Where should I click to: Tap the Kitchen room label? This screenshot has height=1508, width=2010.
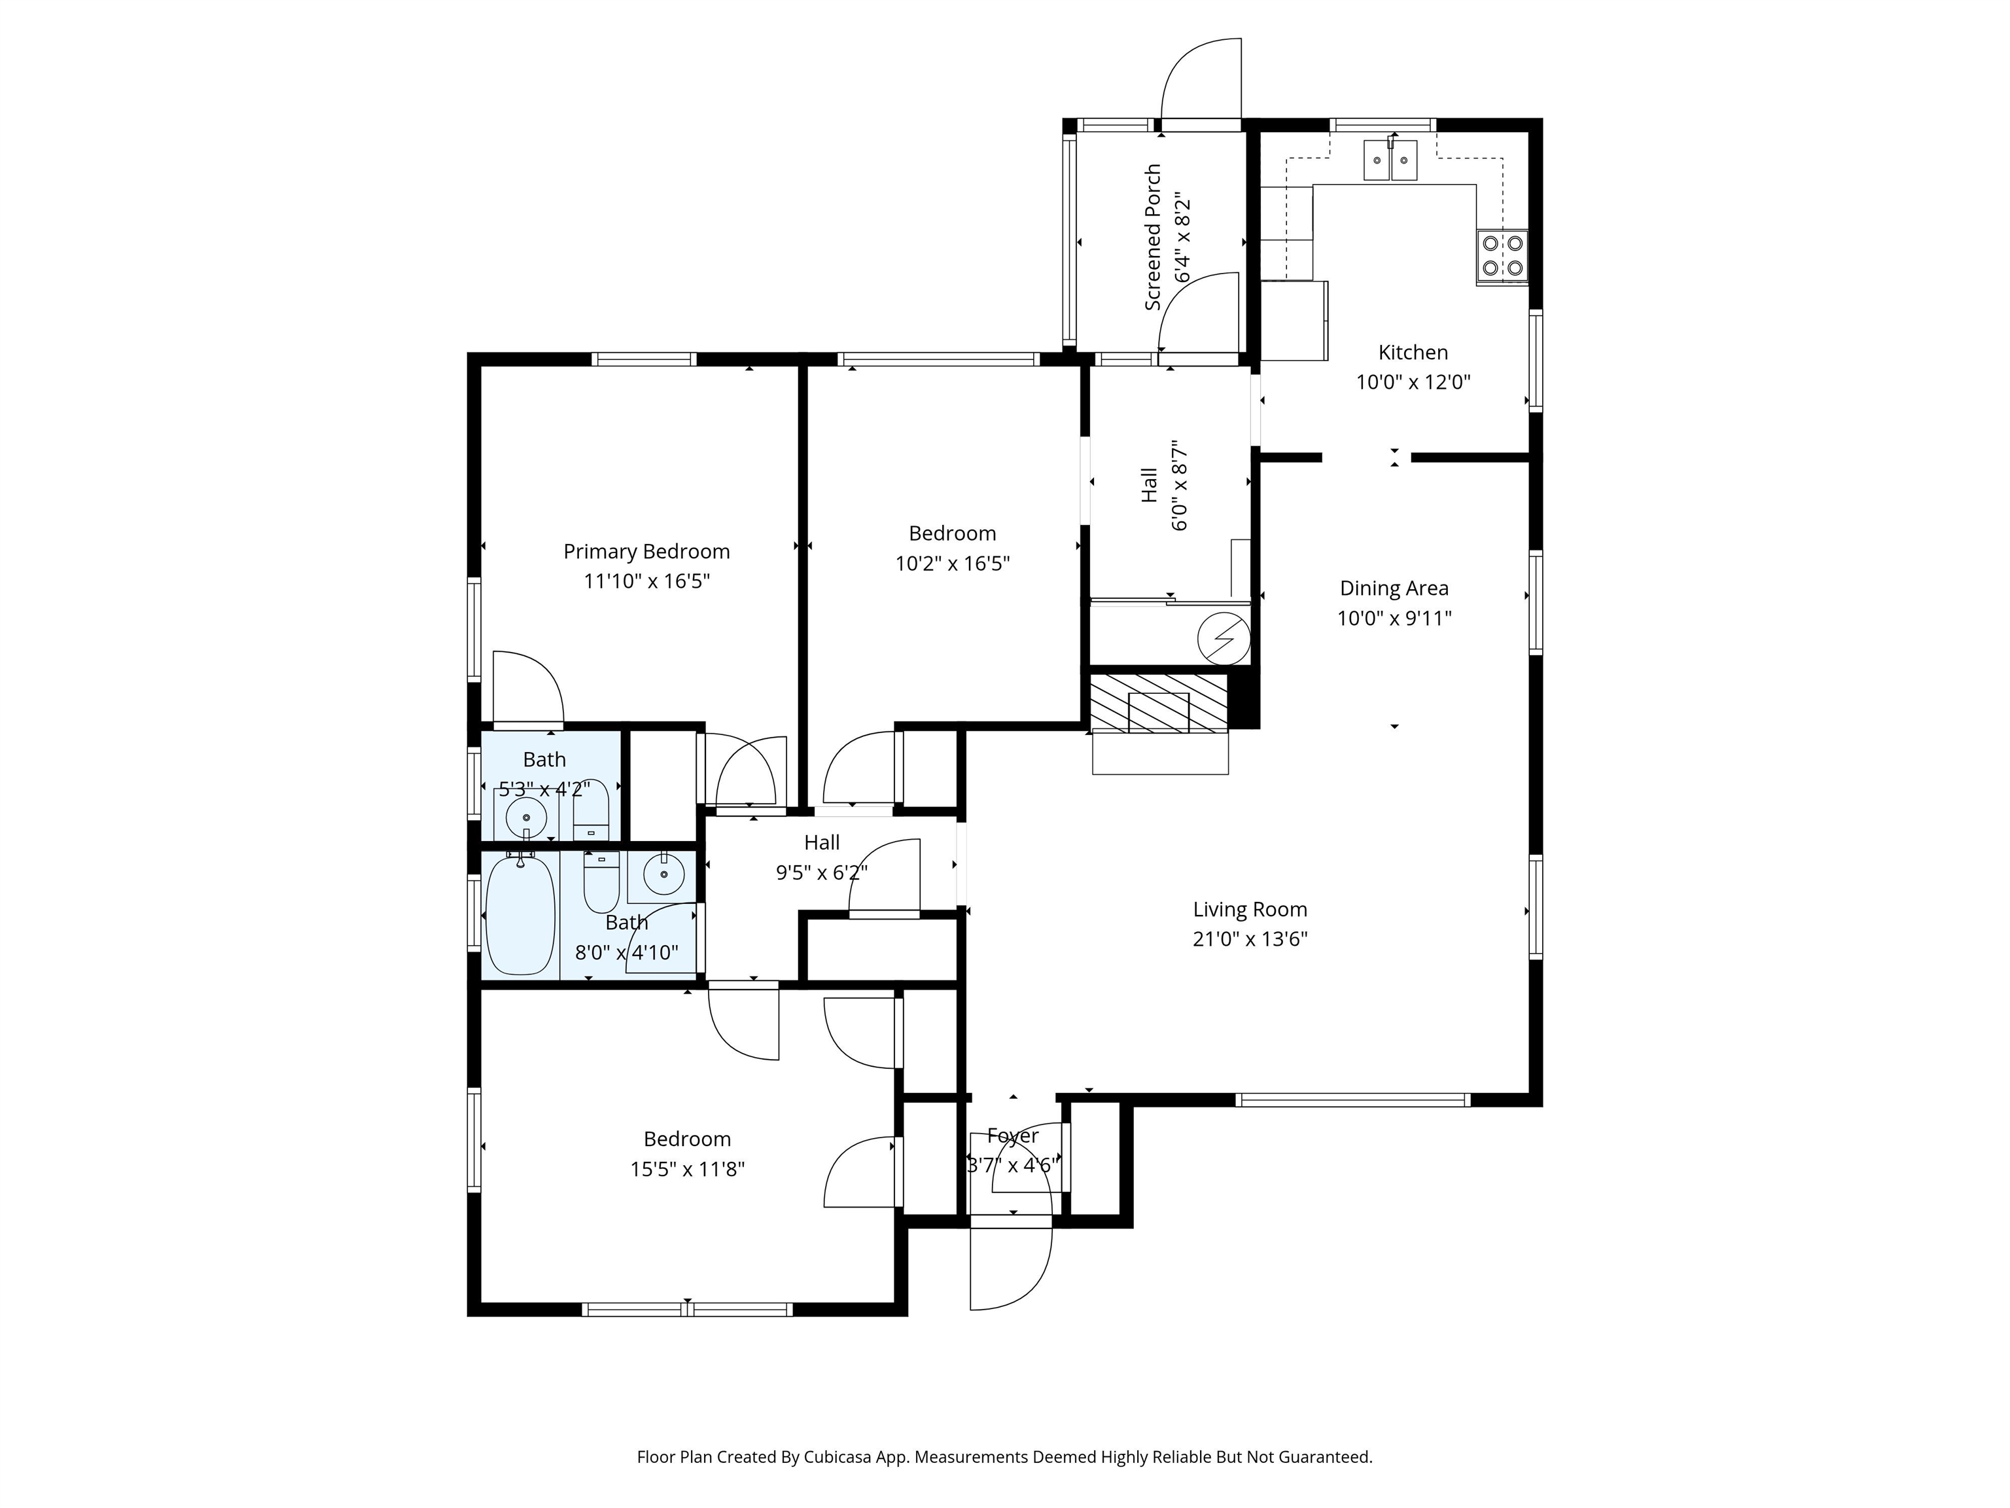tap(1413, 353)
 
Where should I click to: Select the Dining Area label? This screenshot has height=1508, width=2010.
tap(1394, 589)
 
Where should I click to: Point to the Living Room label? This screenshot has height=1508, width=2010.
tap(1250, 910)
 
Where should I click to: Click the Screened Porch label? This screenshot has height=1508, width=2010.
tap(1153, 237)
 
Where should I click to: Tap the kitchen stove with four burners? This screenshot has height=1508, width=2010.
tap(1502, 255)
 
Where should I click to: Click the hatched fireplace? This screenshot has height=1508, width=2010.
tap(1159, 703)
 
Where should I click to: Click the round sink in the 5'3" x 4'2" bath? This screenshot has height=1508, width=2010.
tap(525, 816)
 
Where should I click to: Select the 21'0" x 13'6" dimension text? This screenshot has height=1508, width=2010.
tap(1250, 940)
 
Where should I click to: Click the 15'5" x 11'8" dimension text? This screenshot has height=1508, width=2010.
tap(687, 1170)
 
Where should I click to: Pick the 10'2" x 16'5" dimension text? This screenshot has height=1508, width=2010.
tap(952, 564)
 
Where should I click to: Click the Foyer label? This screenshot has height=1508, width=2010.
tap(1012, 1136)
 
